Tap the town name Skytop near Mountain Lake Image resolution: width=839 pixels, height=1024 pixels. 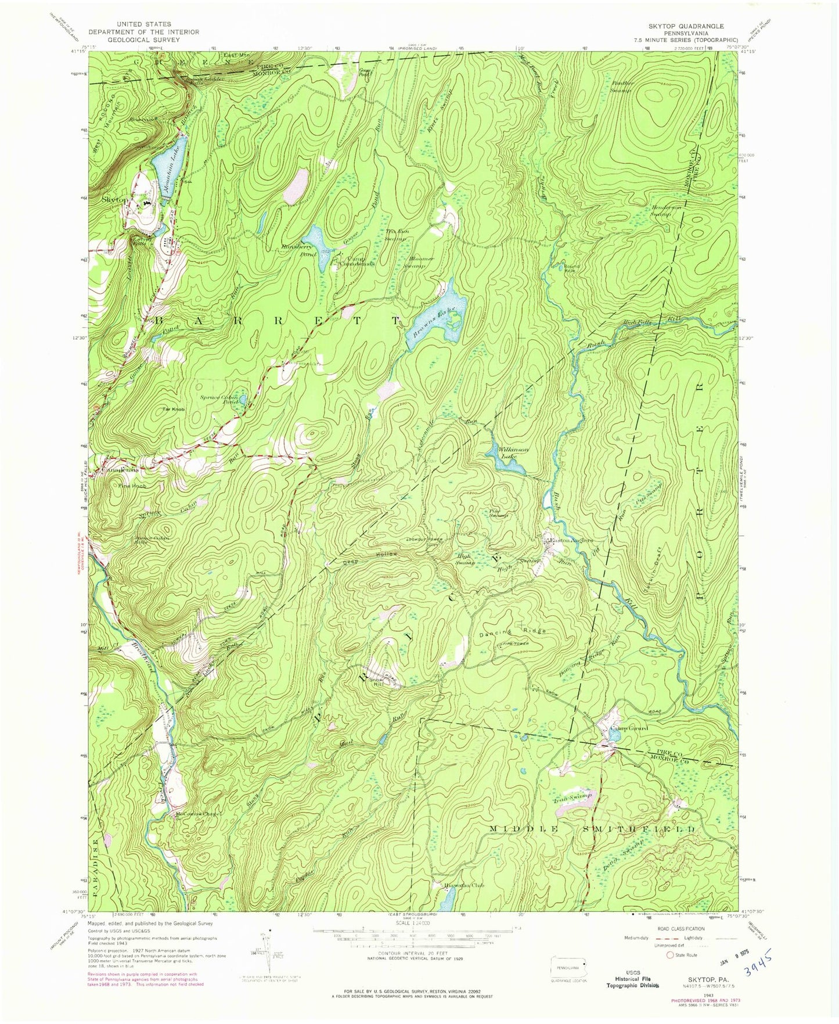coord(113,199)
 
